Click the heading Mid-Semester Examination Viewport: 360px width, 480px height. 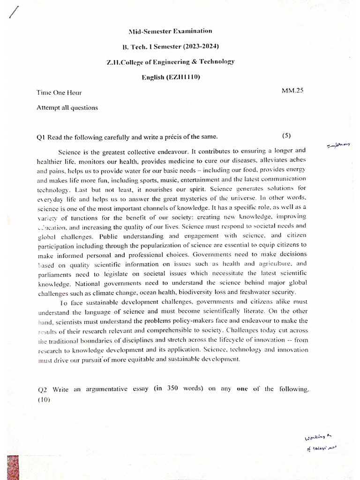click(x=170, y=31)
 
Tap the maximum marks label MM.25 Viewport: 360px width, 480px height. click(x=292, y=90)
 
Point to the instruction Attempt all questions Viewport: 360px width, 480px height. click(x=67, y=108)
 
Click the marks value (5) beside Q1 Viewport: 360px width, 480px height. click(x=286, y=136)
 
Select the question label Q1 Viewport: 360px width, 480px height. click(x=41, y=137)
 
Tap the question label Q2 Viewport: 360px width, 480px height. click(x=41, y=389)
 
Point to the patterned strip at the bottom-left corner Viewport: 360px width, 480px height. click(x=4, y=462)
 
